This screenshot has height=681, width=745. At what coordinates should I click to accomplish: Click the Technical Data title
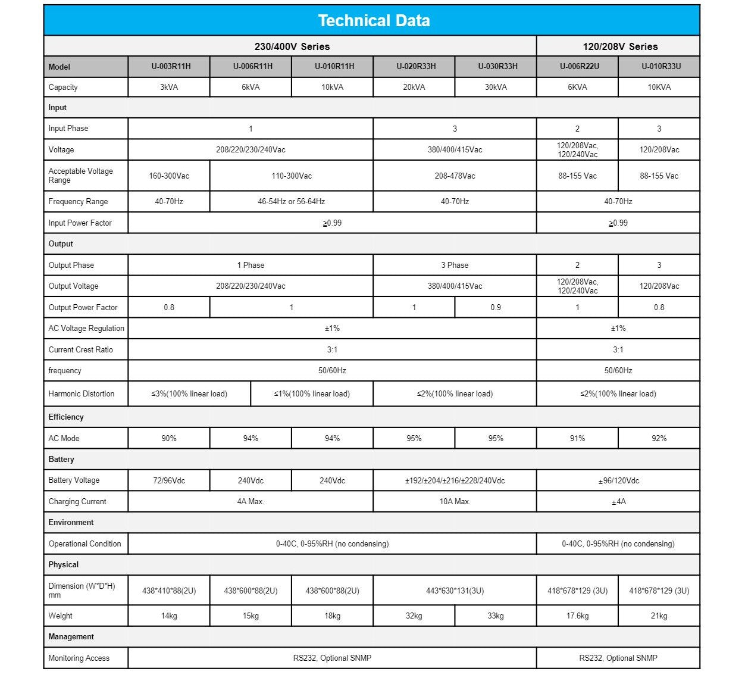374,21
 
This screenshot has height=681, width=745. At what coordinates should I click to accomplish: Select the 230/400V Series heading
292,46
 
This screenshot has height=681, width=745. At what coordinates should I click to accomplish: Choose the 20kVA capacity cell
414,88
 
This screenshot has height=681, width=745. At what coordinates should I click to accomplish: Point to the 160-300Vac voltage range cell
169,176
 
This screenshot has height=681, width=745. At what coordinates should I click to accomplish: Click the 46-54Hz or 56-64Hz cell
291,202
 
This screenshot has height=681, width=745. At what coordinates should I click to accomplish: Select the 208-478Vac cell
455,176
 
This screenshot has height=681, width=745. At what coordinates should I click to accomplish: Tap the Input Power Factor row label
80,223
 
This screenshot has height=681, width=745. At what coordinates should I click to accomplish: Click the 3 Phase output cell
455,265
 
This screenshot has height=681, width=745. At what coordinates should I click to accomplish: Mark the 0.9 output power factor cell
496,308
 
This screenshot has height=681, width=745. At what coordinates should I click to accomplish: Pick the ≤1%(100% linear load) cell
312,394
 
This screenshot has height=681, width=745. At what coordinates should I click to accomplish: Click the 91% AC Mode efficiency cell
577,439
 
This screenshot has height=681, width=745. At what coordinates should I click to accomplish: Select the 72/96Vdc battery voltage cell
169,481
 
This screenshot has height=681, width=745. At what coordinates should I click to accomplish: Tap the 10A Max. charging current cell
455,502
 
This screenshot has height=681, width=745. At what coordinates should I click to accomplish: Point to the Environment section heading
71,523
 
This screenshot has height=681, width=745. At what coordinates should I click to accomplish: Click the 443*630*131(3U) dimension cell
455,591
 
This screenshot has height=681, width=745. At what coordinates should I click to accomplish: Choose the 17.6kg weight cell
577,616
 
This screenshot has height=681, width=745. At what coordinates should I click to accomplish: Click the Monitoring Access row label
79,658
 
